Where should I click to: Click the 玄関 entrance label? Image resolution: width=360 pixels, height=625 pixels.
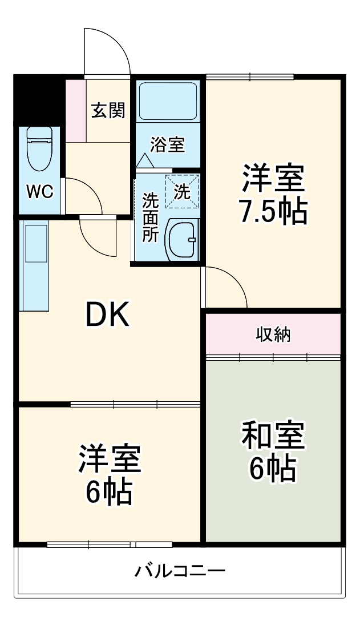tap(108, 110)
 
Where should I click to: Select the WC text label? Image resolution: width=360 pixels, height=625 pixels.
tap(39, 191)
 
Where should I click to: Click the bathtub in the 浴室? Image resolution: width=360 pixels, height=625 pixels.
tap(168, 101)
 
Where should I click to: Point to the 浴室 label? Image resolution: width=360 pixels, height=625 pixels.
tap(168, 144)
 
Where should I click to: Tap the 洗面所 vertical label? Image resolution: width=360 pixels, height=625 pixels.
tap(150, 217)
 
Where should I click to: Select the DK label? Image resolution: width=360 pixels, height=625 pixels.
tap(108, 313)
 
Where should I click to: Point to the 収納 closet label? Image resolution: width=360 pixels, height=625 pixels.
tap(273, 334)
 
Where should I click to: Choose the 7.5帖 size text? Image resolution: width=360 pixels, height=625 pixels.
tap(273, 212)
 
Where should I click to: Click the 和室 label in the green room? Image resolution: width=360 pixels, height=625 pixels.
tap(273, 437)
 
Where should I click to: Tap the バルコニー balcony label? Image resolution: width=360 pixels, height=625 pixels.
tap(180, 570)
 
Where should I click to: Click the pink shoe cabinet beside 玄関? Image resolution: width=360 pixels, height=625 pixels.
tap(75, 110)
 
